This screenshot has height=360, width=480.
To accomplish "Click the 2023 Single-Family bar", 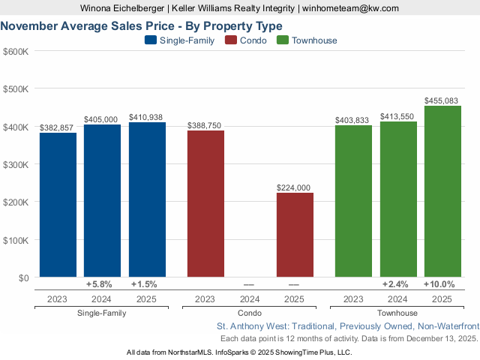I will (x=58, y=205).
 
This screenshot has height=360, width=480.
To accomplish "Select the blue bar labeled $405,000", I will (x=102, y=200).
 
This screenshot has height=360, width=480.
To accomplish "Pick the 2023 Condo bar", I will (x=205, y=203).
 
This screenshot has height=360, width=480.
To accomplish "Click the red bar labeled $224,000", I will (x=295, y=235).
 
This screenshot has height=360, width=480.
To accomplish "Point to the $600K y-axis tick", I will (x=16, y=51).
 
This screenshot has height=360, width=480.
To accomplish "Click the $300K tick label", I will (x=16, y=164).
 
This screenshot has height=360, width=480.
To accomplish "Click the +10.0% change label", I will (x=439, y=284).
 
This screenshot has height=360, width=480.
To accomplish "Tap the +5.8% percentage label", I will (x=99, y=284).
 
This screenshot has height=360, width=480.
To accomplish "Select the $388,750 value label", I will (x=205, y=125).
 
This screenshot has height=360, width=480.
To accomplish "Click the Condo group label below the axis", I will (x=250, y=313).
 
